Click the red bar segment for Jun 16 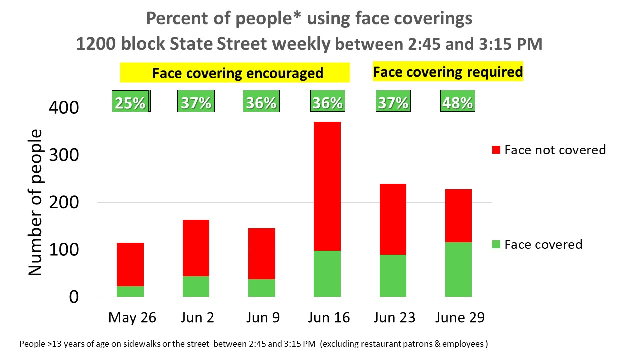[x=327, y=186]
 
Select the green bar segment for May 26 [x=130, y=291]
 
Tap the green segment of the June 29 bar [x=458, y=269]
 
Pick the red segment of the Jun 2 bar [x=196, y=248]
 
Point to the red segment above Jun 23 [x=393, y=219]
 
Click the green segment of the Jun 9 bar [x=262, y=288]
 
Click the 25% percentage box [x=130, y=102]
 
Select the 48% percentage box [x=457, y=102]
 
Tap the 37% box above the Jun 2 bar [x=196, y=102]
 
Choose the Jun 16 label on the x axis [x=329, y=318]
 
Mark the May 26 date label [x=132, y=318]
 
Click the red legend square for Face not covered [x=496, y=150]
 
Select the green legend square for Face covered [x=496, y=245]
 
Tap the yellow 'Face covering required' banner [x=448, y=72]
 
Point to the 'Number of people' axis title [x=35, y=202]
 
